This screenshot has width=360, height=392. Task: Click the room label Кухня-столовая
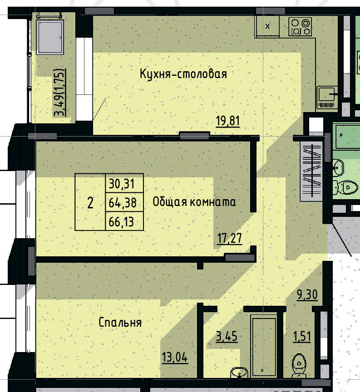pos(183,74)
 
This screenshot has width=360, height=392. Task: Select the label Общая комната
pos(194,202)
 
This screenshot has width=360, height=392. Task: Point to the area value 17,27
pos(228,238)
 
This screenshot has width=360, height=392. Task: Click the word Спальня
pos(120,323)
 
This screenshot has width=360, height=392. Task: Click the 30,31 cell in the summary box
pos(124,184)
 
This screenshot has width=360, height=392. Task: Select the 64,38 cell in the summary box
pos(124,202)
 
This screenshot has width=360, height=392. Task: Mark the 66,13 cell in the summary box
pos(124,222)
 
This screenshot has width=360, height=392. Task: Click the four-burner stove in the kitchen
pos(301,26)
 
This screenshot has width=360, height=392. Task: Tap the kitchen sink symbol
pos(327,95)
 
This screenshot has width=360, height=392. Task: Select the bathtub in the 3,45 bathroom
pos(264,346)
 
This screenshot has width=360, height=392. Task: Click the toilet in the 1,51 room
pos(300,363)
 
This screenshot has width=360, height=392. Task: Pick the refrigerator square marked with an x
pos(267,26)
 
